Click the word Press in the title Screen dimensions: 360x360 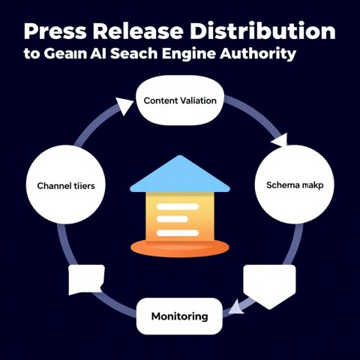pos(55,31)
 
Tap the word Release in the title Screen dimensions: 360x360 pos(138,31)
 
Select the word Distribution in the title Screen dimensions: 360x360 pos(262,31)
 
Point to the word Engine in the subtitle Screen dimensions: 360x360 pos(189,54)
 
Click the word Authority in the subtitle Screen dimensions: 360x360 pos(258,53)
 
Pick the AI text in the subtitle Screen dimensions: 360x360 pos(98,53)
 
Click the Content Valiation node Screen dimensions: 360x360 pos(180,100)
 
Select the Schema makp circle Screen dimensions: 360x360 pos(295,184)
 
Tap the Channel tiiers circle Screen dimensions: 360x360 pos(66,184)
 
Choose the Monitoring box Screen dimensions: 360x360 pos(179,316)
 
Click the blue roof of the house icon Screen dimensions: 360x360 pos(180,174)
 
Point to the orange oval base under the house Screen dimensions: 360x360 pos(180,248)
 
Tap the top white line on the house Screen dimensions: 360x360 pos(178,206)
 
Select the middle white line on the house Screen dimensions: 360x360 pos(172,219)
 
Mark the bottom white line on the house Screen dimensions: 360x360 pos(178,233)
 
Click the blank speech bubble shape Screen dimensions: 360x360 pos(86,279)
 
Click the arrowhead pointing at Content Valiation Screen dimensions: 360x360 pos(124,106)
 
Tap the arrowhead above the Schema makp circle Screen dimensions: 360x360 pos(280,140)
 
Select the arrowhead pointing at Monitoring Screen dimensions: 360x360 pos(236,307)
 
